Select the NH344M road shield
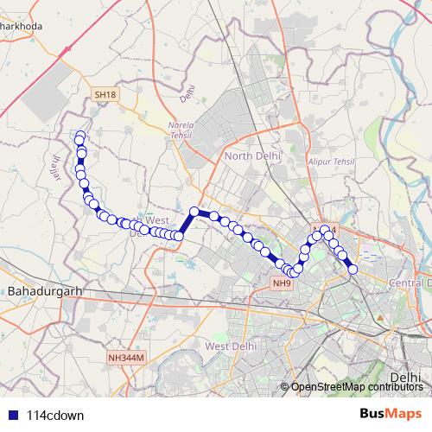coord(128,358)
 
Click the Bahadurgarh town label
coord(43,292)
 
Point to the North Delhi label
coord(252,156)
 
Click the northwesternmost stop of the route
coord(80,137)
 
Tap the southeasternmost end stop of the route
coord(353,270)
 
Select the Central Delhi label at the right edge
coord(410,283)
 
